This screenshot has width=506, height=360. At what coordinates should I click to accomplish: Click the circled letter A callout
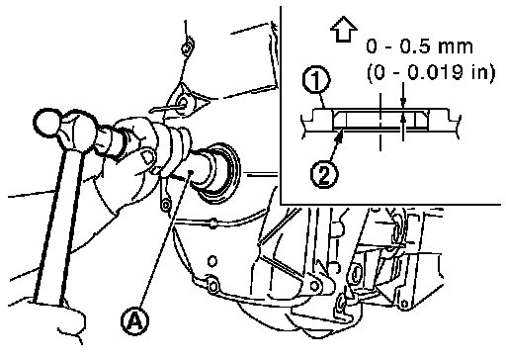pos(134,321)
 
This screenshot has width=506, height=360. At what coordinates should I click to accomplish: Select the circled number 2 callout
pos(324,175)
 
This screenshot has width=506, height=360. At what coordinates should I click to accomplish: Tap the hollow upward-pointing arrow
pos(344,29)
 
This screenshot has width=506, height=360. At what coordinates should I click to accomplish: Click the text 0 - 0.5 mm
pos(419,46)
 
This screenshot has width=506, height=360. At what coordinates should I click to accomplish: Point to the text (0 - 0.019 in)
pos(431,72)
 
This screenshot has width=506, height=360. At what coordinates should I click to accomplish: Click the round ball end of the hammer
pos(47,123)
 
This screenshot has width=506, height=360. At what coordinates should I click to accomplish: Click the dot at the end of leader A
pos(190,172)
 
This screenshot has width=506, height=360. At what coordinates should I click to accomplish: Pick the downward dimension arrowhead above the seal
pos(403,102)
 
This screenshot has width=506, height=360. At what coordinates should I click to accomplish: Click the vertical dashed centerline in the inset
pos(380,122)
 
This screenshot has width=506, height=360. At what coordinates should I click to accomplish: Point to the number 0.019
pos(436,72)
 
